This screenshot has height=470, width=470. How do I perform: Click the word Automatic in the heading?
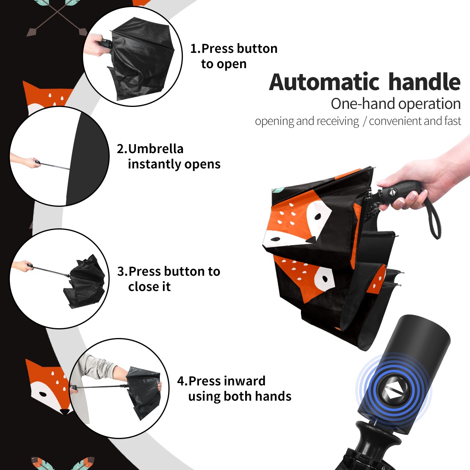324,82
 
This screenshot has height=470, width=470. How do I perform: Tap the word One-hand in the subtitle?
363,104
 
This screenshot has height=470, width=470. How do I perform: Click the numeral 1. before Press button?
195,49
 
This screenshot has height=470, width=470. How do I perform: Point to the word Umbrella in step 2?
155,149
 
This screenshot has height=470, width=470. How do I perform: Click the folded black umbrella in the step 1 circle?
141,58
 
